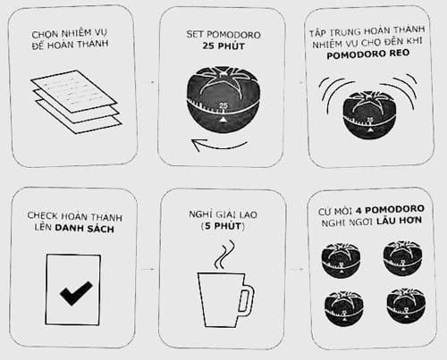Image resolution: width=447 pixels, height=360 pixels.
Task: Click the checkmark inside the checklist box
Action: click(x=76, y=293)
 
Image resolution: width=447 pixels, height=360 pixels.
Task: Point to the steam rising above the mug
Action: click(x=224, y=255)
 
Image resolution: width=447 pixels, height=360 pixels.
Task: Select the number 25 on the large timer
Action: click(x=223, y=105)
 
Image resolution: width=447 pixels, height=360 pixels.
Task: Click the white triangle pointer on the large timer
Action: click(x=223, y=119)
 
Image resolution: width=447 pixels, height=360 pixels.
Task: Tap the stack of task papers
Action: click(x=76, y=102)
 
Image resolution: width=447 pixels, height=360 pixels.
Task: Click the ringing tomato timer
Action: click(x=369, y=114)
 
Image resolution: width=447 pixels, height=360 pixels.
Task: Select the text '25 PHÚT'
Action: click(x=223, y=46)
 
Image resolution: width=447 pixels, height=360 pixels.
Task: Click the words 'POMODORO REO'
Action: click(x=368, y=54)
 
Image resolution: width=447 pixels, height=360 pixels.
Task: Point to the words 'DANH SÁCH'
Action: click(x=85, y=229)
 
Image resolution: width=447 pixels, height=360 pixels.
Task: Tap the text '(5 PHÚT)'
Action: click(x=223, y=226)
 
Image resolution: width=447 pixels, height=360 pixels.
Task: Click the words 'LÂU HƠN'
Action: click(x=399, y=221)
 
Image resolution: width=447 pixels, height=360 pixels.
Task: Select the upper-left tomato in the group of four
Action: click(x=341, y=260)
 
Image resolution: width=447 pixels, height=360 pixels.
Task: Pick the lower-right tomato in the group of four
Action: click(x=406, y=306)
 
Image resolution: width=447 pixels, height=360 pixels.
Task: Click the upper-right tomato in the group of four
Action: click(x=402, y=258)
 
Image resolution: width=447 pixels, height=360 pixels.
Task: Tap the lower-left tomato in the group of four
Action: click(x=343, y=309)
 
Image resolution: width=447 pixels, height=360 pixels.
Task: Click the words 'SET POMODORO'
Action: click(x=223, y=35)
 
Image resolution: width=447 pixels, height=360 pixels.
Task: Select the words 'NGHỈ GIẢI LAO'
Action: click(x=223, y=214)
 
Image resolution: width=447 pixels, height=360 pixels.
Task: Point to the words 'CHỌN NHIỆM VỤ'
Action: click(x=70, y=34)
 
